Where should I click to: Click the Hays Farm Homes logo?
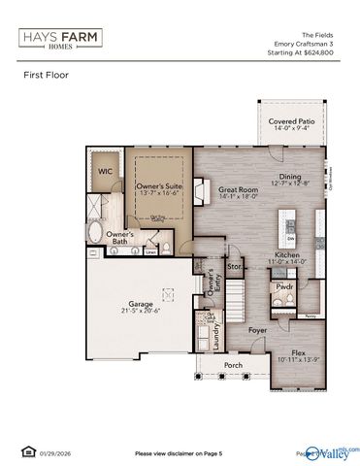[59, 38]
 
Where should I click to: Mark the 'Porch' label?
[233, 366]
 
